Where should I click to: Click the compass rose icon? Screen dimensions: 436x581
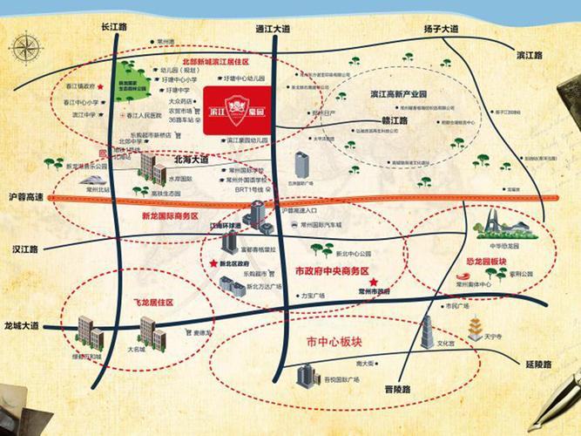25,49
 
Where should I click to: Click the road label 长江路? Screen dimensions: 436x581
115,28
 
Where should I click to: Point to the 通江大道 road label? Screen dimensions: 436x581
273,28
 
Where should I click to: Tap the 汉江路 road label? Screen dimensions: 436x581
25,249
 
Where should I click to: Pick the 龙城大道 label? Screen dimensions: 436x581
22,325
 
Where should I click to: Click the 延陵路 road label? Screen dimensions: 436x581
543,360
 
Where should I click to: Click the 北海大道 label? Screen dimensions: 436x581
192,160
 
